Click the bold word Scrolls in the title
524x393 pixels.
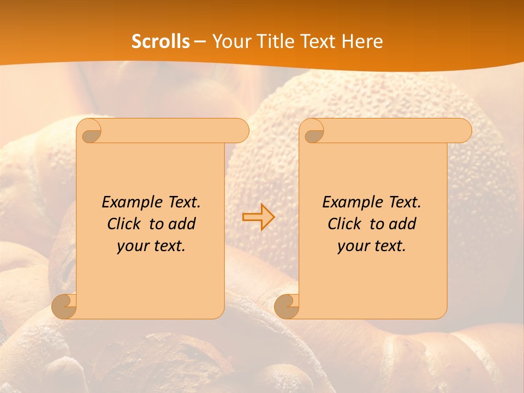coord(160,41)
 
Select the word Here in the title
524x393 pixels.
coord(362,41)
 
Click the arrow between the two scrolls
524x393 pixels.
coord(258,217)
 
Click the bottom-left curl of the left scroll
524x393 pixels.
coord(64,307)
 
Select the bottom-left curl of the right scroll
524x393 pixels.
coord(287,307)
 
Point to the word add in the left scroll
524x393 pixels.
coord(183,224)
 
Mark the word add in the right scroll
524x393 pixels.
coord(403,224)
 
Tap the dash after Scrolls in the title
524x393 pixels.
coord(200,41)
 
